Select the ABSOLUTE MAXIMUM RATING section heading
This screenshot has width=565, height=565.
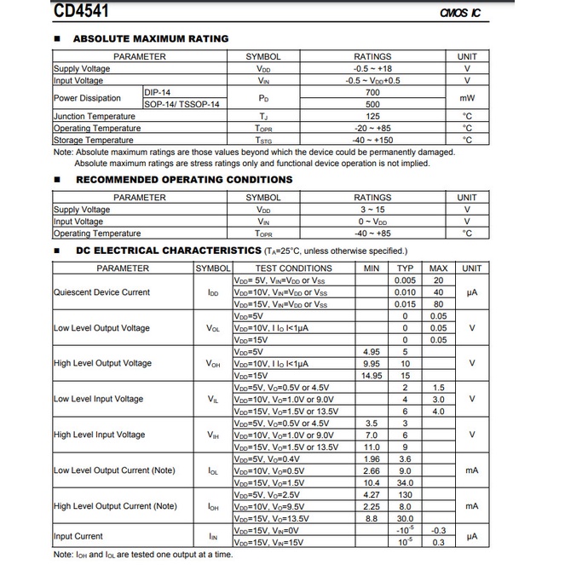(151, 38)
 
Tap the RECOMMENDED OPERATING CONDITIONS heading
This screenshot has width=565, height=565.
(183, 180)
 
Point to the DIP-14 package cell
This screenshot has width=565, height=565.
(159, 92)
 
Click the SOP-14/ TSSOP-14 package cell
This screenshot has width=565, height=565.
(182, 104)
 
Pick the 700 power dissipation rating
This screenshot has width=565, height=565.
(372, 92)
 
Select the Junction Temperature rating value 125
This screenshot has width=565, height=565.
(372, 116)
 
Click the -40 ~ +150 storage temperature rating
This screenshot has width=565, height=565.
(372, 140)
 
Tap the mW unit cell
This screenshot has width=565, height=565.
(467, 98)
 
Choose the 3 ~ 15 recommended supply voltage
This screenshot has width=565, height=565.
(372, 210)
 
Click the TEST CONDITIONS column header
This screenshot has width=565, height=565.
(294, 268)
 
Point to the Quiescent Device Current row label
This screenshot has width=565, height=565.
(101, 292)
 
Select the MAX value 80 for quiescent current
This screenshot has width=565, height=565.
(438, 304)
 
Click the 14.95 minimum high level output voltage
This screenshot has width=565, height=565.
(372, 376)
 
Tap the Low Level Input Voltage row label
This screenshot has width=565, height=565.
(99, 400)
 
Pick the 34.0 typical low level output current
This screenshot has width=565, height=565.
(406, 482)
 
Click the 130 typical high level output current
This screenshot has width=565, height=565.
(406, 494)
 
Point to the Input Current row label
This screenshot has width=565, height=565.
(78, 536)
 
